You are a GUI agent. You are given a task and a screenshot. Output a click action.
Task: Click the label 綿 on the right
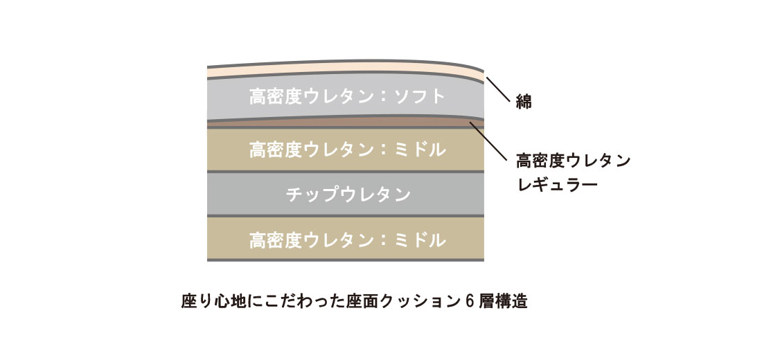coord(524,102)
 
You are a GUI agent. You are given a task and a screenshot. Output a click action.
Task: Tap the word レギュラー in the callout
coord(557,185)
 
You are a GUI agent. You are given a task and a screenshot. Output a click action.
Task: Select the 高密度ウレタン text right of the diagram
coord(574,161)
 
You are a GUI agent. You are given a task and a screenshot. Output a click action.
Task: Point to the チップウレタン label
coord(348,195)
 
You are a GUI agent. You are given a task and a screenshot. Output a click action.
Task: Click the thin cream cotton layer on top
coord(346,69)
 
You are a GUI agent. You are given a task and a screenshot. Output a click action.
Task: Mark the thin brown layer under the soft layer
coord(346,121)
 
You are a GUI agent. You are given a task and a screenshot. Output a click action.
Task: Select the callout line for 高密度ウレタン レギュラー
coord(488,141)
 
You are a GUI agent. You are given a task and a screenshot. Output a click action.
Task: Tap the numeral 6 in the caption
coord(469,302)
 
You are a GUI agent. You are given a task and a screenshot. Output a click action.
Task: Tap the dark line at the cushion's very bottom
coord(346,260)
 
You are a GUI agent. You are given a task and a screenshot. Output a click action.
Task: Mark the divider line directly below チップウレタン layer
coord(346,216)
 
